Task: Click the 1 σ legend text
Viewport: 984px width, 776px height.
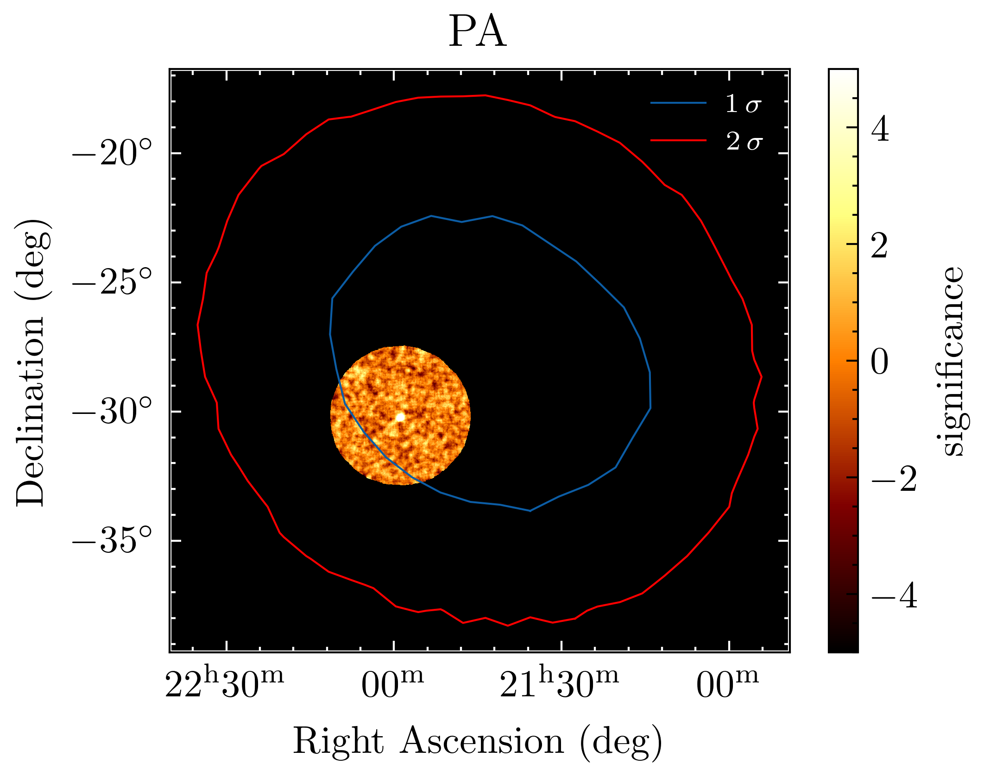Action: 743,104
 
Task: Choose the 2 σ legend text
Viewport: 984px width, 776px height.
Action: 743,141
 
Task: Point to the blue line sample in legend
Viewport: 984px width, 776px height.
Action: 679,103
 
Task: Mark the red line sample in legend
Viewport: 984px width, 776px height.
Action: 679,140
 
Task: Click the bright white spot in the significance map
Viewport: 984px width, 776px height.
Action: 400,417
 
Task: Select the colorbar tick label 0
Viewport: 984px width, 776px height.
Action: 880,362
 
